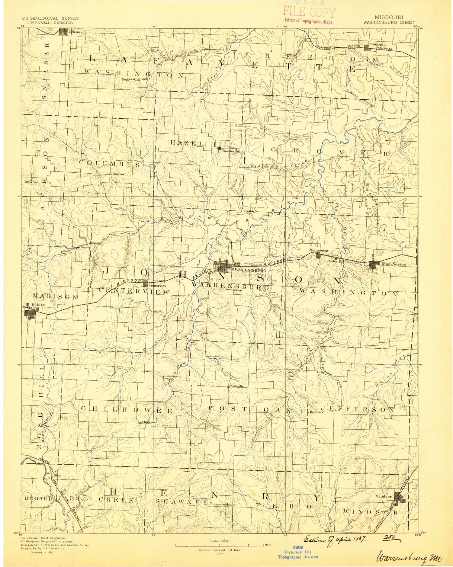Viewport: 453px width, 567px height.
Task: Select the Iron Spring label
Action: [x=234, y=290]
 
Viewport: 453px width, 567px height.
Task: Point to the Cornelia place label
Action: [x=237, y=386]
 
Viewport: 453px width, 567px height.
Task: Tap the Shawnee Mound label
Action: [x=223, y=505]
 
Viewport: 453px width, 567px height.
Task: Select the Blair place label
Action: [x=57, y=476]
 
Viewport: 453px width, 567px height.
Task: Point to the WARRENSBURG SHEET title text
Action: [x=389, y=22]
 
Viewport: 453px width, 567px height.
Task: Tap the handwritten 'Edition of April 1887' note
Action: [x=335, y=539]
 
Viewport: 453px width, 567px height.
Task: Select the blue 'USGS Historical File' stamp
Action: [x=297, y=552]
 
